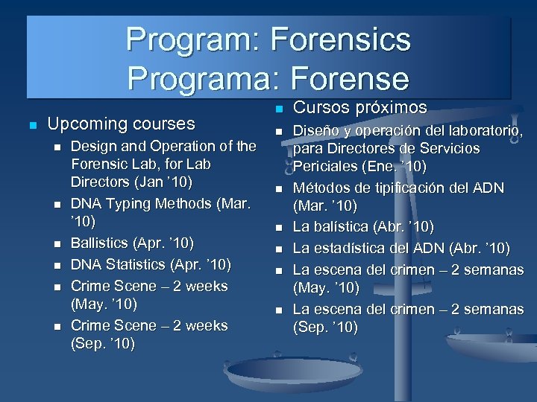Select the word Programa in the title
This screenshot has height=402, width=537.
[194, 79]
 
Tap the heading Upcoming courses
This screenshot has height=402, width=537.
[120, 124]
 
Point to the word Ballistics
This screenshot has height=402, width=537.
[100, 243]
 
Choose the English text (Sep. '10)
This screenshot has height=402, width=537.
[102, 345]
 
